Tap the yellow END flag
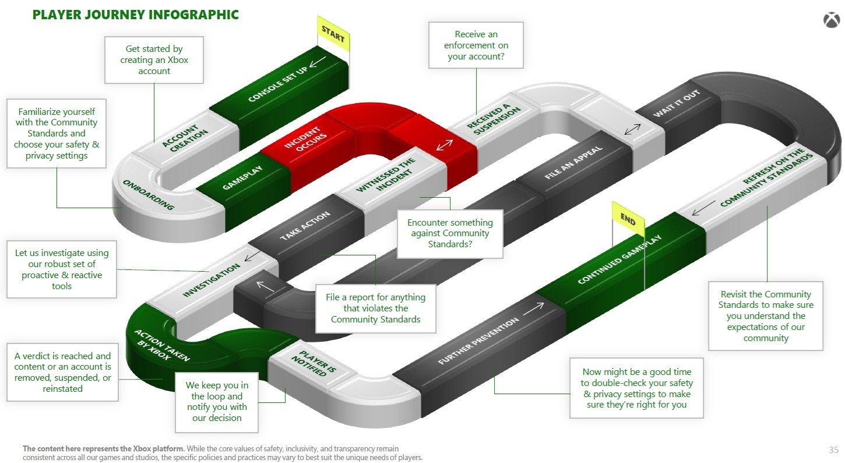(628, 220)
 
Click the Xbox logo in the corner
(831, 20)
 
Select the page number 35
(833, 450)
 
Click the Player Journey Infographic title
(136, 15)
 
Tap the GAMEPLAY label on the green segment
(242, 178)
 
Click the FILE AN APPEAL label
(573, 162)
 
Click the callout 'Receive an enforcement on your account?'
(476, 45)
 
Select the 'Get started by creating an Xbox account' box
(154, 60)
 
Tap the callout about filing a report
(375, 308)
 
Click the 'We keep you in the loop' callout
(217, 402)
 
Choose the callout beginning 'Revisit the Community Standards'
(765, 316)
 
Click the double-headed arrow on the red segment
(445, 144)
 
